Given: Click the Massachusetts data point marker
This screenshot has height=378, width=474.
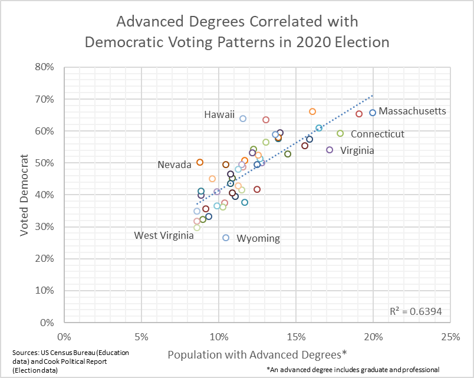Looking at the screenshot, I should [373, 113].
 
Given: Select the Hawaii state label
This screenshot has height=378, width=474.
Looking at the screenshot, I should [220, 114].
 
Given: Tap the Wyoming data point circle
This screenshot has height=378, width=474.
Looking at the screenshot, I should [226, 238].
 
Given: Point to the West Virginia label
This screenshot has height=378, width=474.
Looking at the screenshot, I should [164, 235].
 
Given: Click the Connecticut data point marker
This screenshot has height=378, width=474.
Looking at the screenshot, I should [340, 133].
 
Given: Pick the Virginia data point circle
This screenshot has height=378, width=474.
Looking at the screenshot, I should [330, 150].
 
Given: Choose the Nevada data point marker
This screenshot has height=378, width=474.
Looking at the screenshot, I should [200, 162].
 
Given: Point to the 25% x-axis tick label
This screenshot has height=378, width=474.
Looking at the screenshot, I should [450, 337].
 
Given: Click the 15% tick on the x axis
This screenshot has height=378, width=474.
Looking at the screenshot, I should [296, 337].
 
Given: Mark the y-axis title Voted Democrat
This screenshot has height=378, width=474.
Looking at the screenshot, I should [25, 195].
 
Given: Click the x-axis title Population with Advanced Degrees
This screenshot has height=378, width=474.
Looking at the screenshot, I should [257, 354].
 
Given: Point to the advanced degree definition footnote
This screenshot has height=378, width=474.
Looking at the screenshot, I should [353, 369].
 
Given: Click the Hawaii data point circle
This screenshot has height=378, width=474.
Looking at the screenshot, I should [243, 119].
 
